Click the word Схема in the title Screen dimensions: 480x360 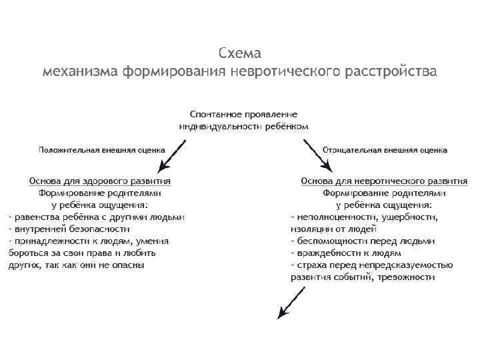[x=240, y=53]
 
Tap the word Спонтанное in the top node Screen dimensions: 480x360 [x=217, y=115]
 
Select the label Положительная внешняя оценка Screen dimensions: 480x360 [x=101, y=150]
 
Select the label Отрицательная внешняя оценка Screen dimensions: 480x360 [x=385, y=150]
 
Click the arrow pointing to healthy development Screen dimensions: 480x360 [x=169, y=155]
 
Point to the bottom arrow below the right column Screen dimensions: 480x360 [x=291, y=303]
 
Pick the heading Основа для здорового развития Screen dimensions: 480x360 [x=100, y=181]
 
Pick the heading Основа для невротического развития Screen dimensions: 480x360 [x=384, y=181]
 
